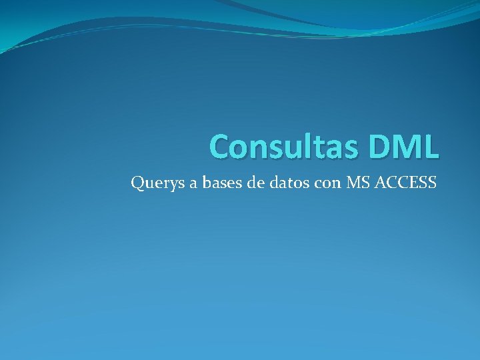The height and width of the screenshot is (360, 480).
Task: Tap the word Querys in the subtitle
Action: tap(155, 182)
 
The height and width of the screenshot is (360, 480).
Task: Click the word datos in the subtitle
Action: tap(288, 181)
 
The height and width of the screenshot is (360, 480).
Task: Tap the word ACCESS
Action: tap(406, 181)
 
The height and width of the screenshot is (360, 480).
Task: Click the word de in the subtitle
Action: tap(255, 181)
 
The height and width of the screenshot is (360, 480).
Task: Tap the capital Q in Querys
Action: tap(137, 182)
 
